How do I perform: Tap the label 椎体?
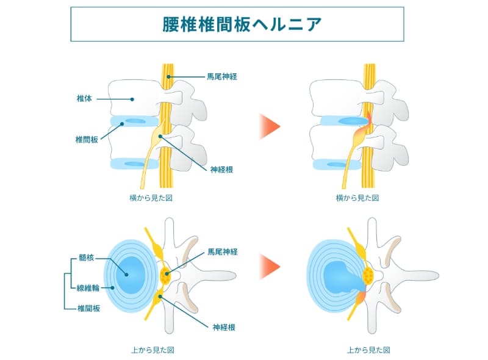(x=84, y=98)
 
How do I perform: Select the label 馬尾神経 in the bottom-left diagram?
(x=222, y=251)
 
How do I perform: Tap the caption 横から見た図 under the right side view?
(x=357, y=198)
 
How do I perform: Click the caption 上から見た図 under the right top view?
(x=368, y=350)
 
